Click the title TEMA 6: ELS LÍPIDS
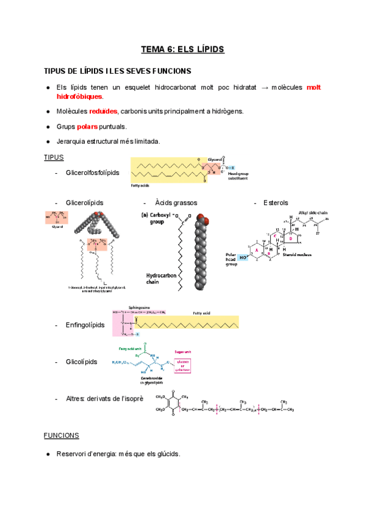tap(183, 49)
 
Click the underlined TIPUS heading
tap(54, 157)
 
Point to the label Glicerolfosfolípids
tap(93, 173)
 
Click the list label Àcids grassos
tap(176, 202)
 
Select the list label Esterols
tap(276, 202)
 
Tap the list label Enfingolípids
tap(85, 325)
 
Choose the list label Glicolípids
tap(81, 362)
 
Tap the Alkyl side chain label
tap(313, 213)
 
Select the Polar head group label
tap(232, 258)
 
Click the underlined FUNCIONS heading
tap(61, 435)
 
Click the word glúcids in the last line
tap(167, 454)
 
